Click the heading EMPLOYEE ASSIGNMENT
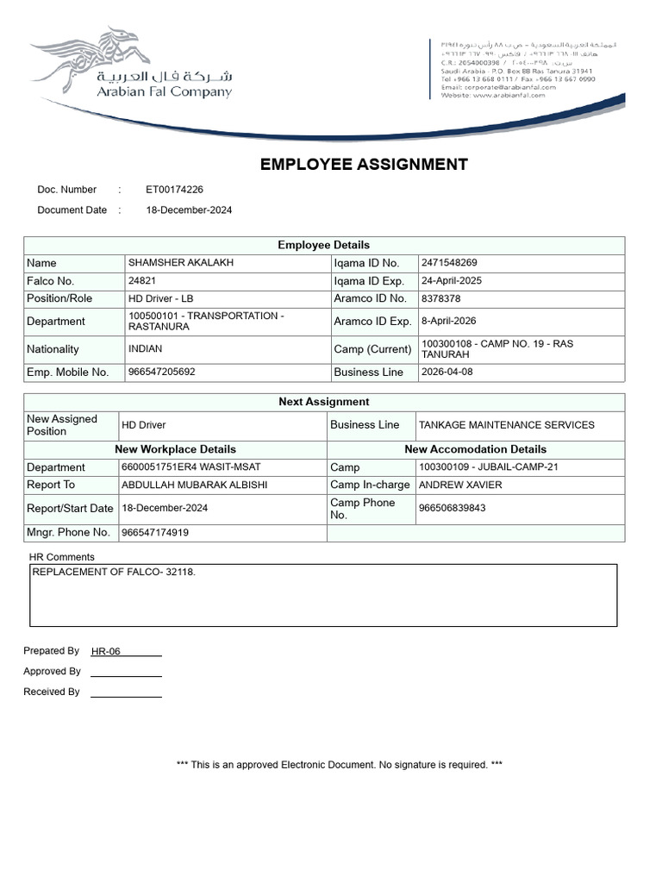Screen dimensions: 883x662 (364, 165)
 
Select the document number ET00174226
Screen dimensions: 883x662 (174, 190)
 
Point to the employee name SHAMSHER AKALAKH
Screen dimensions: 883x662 (181, 263)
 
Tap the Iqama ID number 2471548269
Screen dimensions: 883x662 (449, 263)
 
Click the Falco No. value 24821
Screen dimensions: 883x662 (142, 281)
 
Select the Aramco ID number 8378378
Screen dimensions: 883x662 (440, 299)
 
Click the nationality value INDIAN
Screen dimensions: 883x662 (145, 349)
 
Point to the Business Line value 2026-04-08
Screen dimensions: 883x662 (447, 373)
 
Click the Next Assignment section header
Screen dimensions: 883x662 (323, 402)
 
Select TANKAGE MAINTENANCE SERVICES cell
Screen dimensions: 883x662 (506, 425)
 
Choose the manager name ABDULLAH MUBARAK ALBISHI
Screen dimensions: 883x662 (195, 485)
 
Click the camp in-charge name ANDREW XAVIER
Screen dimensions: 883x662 (460, 485)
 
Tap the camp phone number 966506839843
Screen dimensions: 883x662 (452, 508)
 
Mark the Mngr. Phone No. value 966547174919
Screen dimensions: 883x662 (155, 533)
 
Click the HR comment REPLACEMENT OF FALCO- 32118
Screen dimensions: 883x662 (114, 572)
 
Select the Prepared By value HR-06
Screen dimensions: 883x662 (106, 651)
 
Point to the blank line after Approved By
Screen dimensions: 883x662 (126, 673)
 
